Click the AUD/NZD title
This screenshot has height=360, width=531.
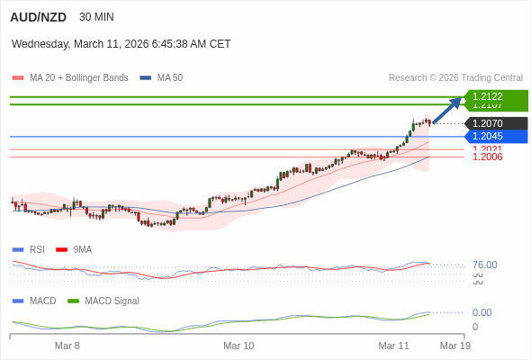pos(38,17)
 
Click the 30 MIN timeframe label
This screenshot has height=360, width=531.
pos(96,17)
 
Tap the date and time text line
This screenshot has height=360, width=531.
pos(121,43)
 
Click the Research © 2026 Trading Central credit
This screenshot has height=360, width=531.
pos(455,77)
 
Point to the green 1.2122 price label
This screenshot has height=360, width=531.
pos(494,96)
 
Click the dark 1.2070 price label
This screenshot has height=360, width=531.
pos(494,123)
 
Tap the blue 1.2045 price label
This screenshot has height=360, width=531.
pos(494,136)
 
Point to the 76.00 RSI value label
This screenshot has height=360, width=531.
pos(484,265)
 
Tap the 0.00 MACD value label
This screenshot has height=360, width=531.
pos(481,312)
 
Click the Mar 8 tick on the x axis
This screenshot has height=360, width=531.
pos(67,346)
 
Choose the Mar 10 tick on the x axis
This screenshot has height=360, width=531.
pos(238,346)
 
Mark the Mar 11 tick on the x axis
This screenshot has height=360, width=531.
pos(393,346)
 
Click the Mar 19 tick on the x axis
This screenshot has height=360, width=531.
pos(454,346)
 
